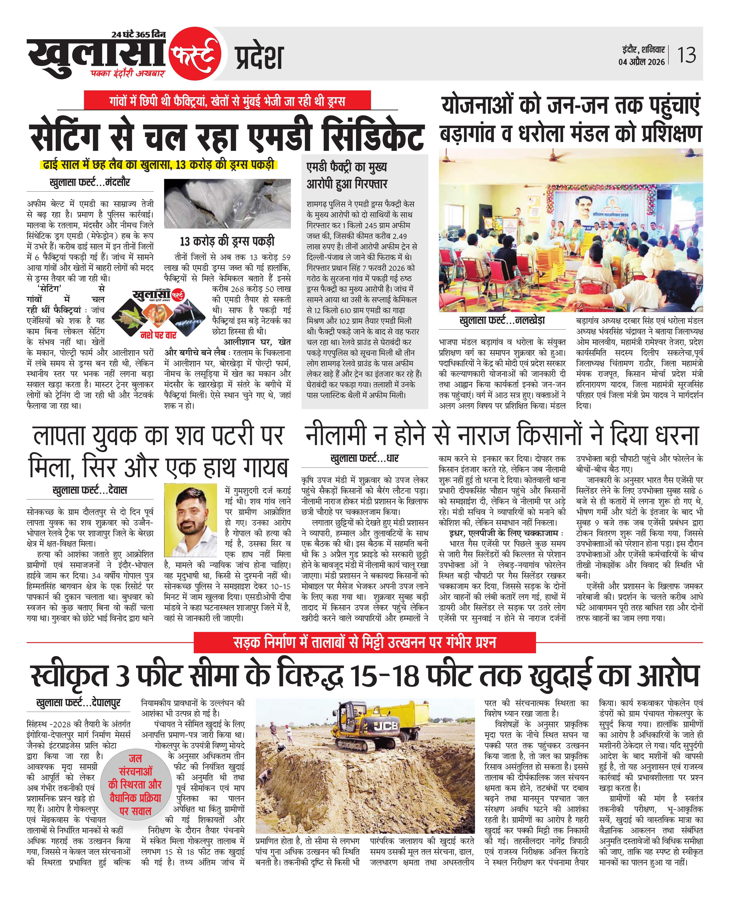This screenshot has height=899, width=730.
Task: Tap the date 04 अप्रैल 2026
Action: tap(641, 62)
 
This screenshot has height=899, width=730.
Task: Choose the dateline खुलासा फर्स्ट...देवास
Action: tap(90, 490)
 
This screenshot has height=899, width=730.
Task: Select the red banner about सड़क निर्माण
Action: tap(365, 642)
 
